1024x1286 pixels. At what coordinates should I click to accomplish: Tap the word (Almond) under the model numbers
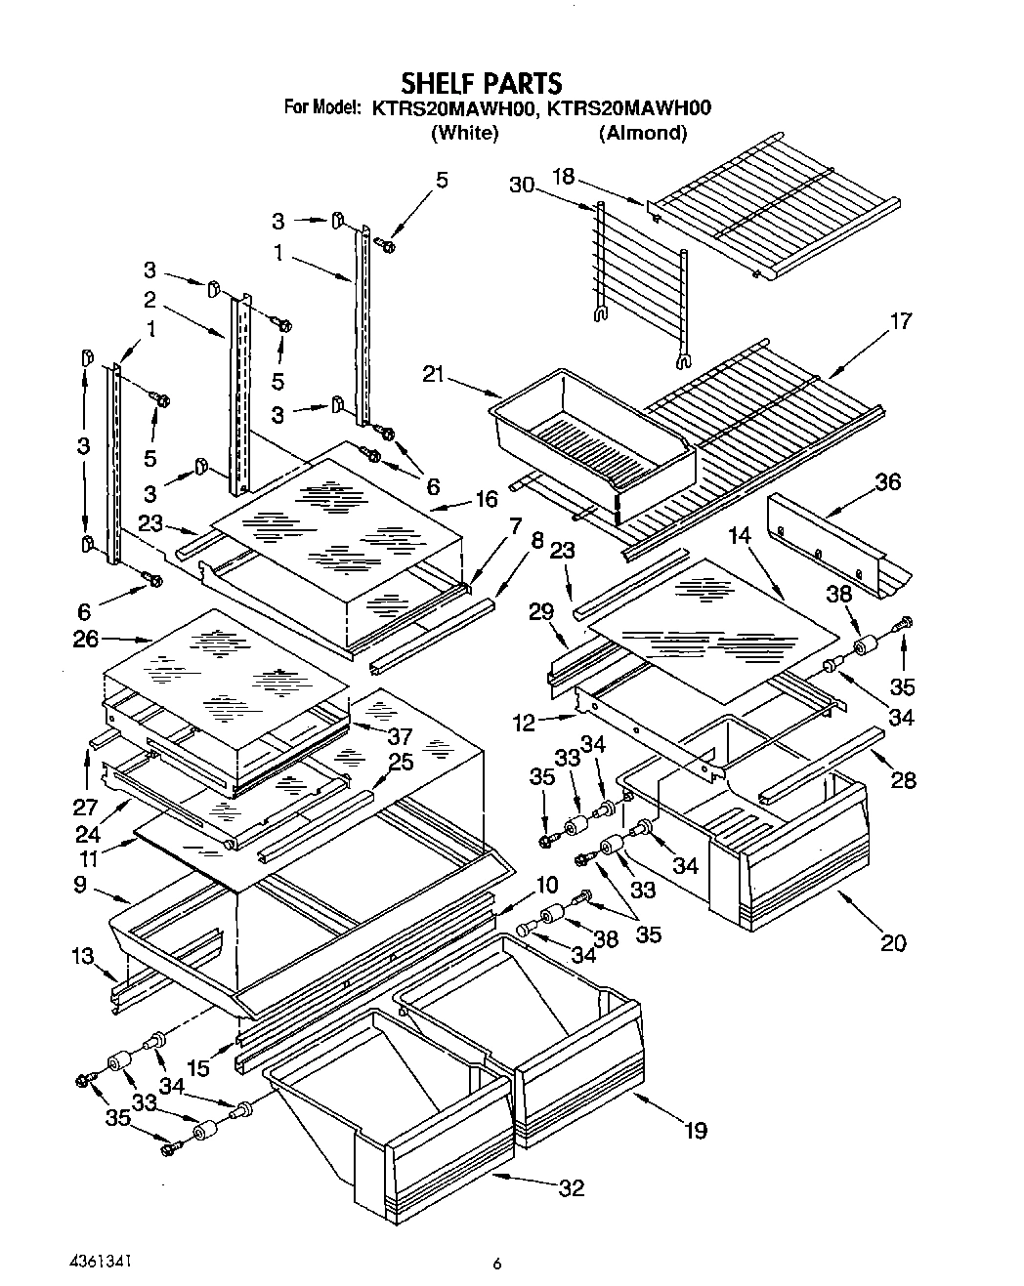(x=642, y=133)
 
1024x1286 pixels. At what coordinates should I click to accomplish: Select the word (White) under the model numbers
(x=464, y=133)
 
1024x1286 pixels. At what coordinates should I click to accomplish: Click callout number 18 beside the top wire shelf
(x=564, y=178)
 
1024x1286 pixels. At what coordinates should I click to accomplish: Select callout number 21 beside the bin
(x=435, y=373)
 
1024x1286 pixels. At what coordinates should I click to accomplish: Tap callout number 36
(x=887, y=482)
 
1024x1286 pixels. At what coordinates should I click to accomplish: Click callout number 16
(x=486, y=499)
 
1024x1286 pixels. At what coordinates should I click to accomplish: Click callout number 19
(x=695, y=1131)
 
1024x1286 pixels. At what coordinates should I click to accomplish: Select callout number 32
(x=572, y=1187)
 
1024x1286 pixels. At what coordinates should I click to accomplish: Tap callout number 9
(x=79, y=886)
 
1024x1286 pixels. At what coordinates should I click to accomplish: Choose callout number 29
(x=541, y=612)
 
